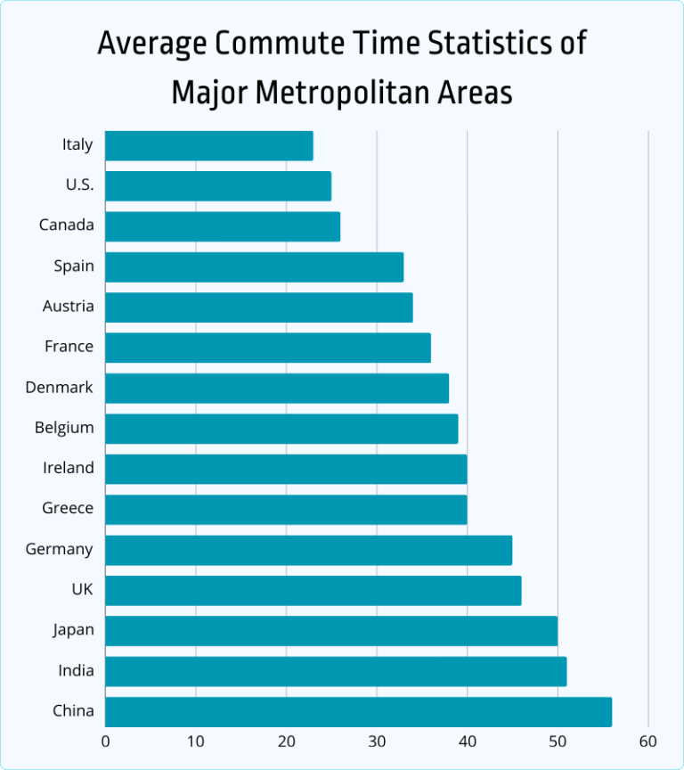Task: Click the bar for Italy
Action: pyautogui.click(x=209, y=146)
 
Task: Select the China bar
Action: pyautogui.click(x=358, y=711)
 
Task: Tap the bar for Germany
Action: pyautogui.click(x=308, y=550)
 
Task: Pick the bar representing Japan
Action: pyautogui.click(x=331, y=631)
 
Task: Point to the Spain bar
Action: pyautogui.click(x=254, y=266)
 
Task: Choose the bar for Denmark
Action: pyautogui.click(x=277, y=389)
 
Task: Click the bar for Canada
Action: pyautogui.click(x=223, y=226)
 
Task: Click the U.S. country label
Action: pyautogui.click(x=77, y=185)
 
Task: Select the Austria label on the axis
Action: pyautogui.click(x=68, y=307)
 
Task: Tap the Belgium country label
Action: pyautogui.click(x=64, y=428)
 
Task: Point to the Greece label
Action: pyautogui.click(x=68, y=508)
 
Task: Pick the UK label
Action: pyautogui.click(x=82, y=589)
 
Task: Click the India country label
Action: pyautogui.click(x=75, y=670)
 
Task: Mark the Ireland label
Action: pyautogui.click(x=68, y=468)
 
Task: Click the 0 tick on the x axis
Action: pyautogui.click(x=105, y=741)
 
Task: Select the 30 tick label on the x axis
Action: pyautogui.click(x=377, y=741)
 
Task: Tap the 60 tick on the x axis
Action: pyautogui.click(x=647, y=741)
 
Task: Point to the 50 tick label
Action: pyautogui.click(x=558, y=741)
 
